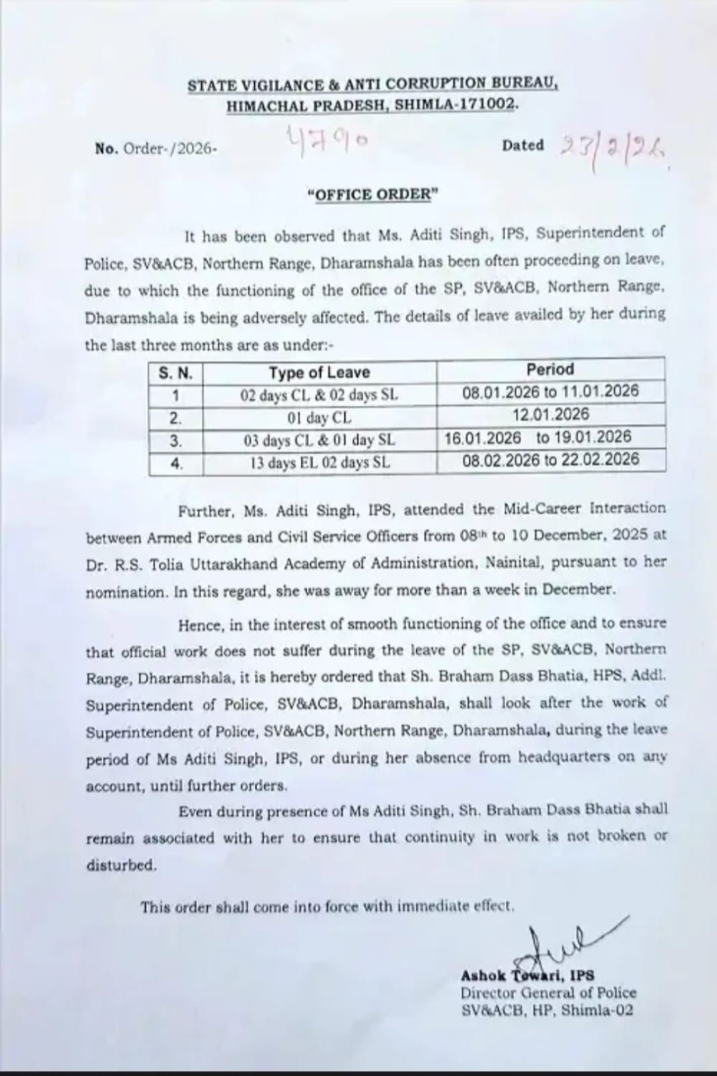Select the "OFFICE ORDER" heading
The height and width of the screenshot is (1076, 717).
(x=372, y=194)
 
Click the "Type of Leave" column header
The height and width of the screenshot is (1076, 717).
(x=319, y=372)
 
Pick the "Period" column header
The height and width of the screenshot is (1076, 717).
(x=550, y=369)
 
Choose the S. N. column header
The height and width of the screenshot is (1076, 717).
(x=176, y=373)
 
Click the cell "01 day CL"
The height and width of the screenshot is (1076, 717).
(x=319, y=418)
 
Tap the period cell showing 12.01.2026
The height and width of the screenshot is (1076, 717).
(x=550, y=415)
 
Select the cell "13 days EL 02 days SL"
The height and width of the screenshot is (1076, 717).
(x=319, y=463)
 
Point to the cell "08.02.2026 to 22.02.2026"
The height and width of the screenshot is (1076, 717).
(x=550, y=460)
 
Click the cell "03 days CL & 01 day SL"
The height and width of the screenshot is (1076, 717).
(x=319, y=441)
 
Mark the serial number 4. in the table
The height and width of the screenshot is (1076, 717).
(x=176, y=463)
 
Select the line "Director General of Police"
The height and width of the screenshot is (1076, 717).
(x=548, y=993)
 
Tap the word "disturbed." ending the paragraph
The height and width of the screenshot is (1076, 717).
(x=121, y=865)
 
